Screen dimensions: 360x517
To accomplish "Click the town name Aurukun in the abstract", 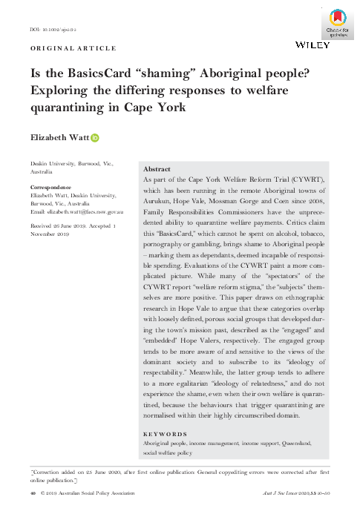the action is (158, 200).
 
